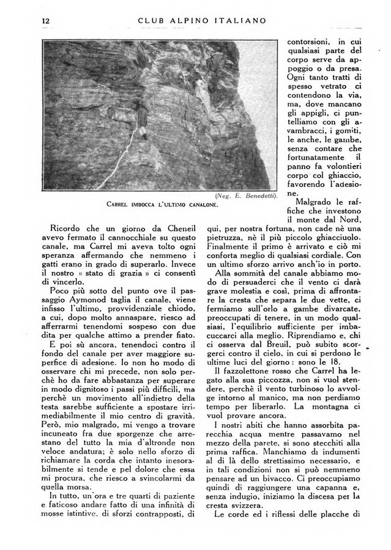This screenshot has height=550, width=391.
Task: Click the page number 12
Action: (45, 20)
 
